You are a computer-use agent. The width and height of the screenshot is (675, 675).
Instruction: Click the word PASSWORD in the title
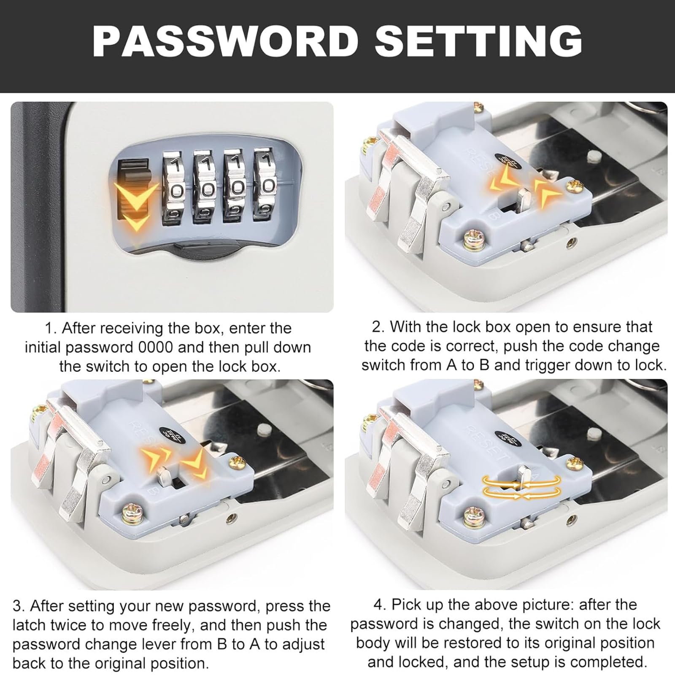(225, 41)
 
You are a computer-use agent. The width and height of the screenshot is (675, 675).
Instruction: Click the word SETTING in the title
(478, 41)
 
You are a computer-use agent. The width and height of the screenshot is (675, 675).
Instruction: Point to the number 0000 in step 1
(156, 347)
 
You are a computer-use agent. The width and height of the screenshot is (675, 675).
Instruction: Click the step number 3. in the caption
(19, 606)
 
